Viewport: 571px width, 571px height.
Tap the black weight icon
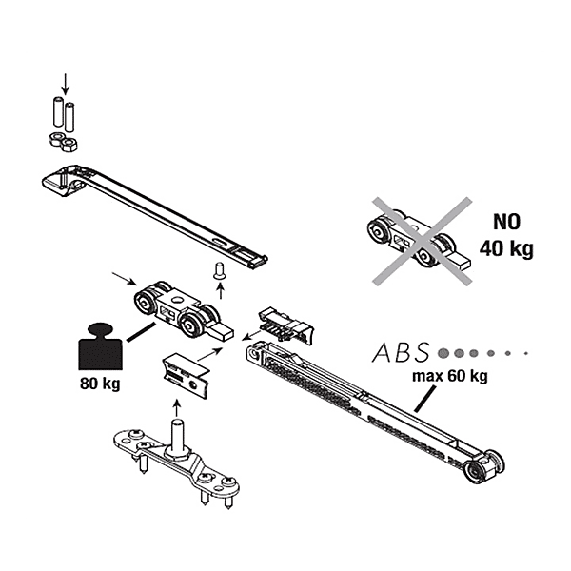pyautogui.click(x=97, y=350)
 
